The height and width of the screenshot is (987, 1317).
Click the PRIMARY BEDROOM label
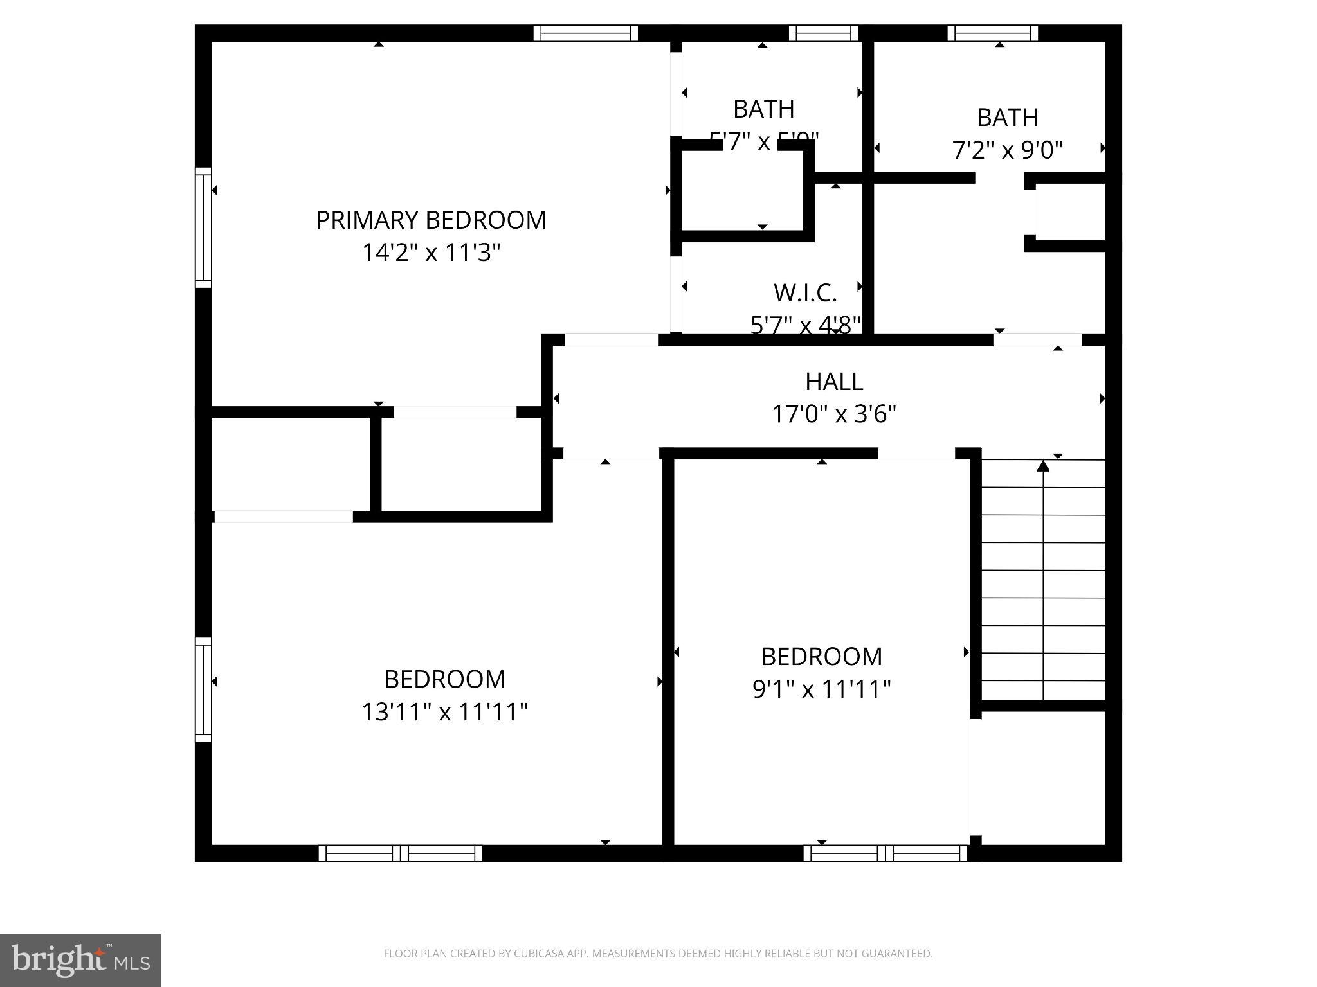(431, 220)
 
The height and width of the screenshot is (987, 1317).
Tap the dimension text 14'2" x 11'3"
(431, 253)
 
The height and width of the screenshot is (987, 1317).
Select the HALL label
(833, 382)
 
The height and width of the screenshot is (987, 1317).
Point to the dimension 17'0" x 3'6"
(833, 414)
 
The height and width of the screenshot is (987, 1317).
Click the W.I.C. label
(805, 293)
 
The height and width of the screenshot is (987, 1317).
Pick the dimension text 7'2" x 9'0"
(1007, 150)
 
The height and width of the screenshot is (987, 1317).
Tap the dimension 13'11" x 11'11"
(444, 712)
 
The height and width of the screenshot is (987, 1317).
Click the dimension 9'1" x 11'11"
(821, 689)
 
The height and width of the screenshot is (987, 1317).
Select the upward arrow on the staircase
(1043, 465)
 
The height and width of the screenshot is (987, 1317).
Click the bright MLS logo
(80, 960)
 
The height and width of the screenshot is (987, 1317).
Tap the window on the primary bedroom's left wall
(203, 227)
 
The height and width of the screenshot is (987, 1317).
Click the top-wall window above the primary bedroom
(585, 33)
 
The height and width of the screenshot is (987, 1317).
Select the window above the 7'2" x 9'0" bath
(992, 33)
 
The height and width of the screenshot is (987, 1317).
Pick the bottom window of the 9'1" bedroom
(885, 853)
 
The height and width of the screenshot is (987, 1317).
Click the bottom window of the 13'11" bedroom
(400, 853)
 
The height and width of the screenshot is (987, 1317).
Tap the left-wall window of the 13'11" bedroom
(203, 689)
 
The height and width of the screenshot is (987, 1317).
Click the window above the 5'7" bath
(823, 33)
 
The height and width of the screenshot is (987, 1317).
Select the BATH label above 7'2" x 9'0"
(1007, 118)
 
